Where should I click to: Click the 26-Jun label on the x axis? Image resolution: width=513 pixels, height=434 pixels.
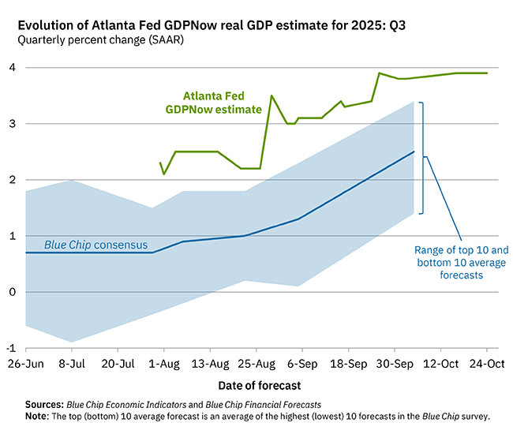[x=25, y=365]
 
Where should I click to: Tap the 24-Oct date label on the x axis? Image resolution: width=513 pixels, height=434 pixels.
[x=485, y=365]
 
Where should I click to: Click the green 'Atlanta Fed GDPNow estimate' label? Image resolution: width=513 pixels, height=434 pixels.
[x=213, y=103]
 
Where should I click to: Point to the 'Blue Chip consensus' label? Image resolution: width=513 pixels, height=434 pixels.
[x=95, y=245]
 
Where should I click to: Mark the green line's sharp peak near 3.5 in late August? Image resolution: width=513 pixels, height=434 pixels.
[x=271, y=96]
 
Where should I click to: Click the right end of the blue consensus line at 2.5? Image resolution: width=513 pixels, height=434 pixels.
[x=414, y=152]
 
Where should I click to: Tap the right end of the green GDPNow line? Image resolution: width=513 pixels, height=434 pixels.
[x=487, y=73]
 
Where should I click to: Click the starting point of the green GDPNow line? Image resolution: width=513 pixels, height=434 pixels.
[x=160, y=163]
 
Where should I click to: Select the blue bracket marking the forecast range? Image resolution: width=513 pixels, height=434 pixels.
[x=424, y=157]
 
